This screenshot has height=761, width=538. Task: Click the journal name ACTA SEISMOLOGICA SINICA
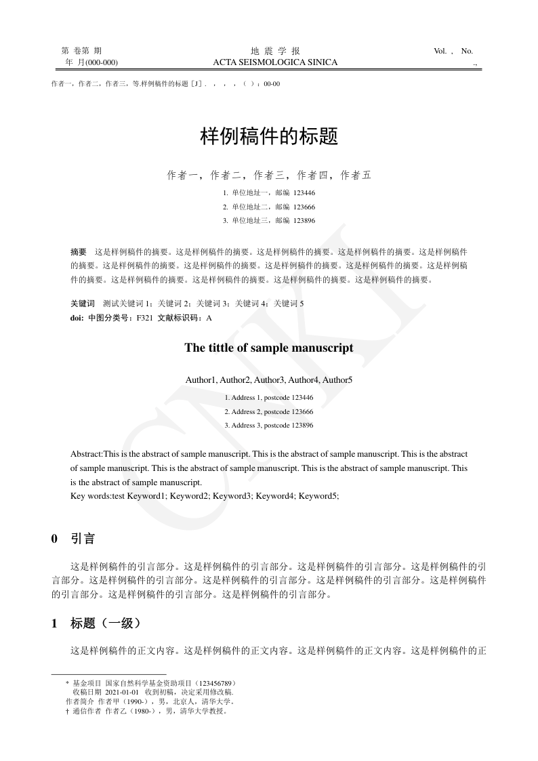(x=275, y=62)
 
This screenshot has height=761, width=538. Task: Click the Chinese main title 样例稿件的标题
(x=269, y=137)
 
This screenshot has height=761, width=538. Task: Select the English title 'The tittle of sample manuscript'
(x=269, y=348)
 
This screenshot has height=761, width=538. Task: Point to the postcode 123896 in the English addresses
(x=302, y=426)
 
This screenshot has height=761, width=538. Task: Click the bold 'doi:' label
(x=77, y=317)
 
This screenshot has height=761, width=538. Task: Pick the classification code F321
(x=144, y=317)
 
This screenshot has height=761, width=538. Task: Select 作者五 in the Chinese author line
(x=356, y=176)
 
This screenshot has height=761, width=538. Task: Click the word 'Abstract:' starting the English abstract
(x=87, y=453)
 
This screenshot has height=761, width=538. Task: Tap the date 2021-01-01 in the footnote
(x=122, y=693)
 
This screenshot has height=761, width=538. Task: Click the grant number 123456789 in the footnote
(x=215, y=683)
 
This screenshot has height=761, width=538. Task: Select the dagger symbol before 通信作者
(x=66, y=712)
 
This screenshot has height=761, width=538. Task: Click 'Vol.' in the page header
(x=441, y=51)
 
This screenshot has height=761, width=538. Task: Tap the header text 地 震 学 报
(x=275, y=51)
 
